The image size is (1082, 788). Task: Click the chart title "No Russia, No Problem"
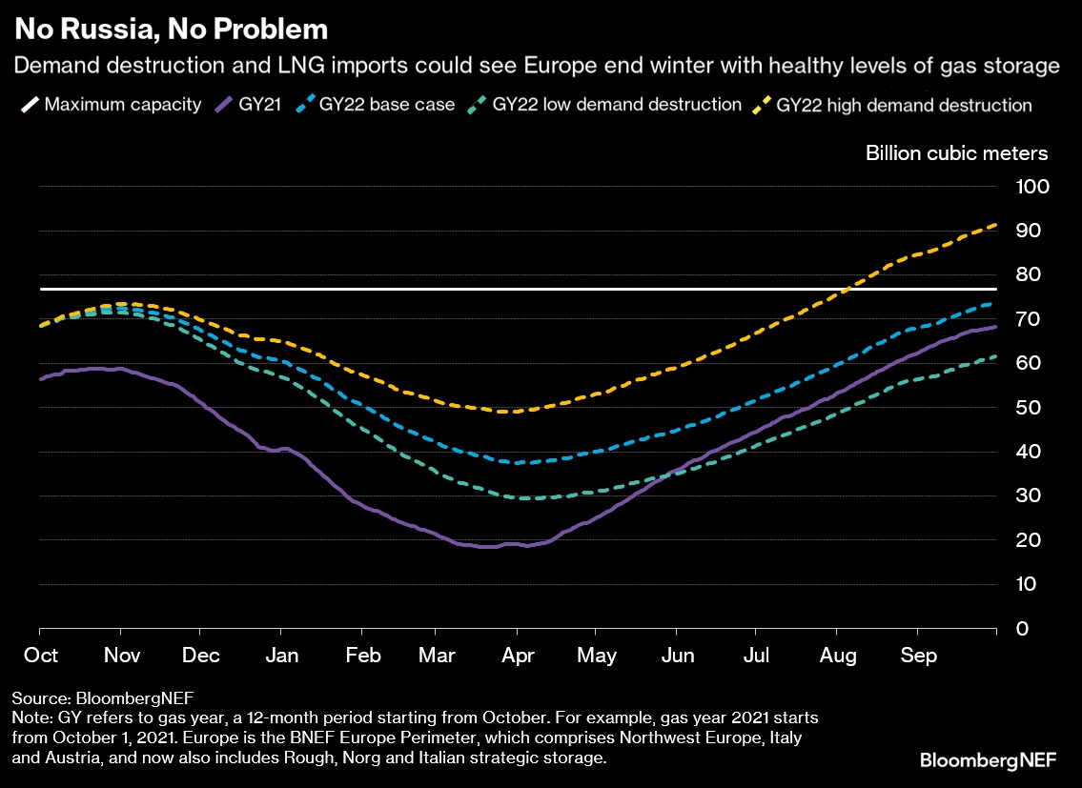(x=171, y=30)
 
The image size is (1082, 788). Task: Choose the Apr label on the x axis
(x=516, y=657)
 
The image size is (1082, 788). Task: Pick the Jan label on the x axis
(x=280, y=657)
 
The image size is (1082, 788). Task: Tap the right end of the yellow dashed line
(x=995, y=225)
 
